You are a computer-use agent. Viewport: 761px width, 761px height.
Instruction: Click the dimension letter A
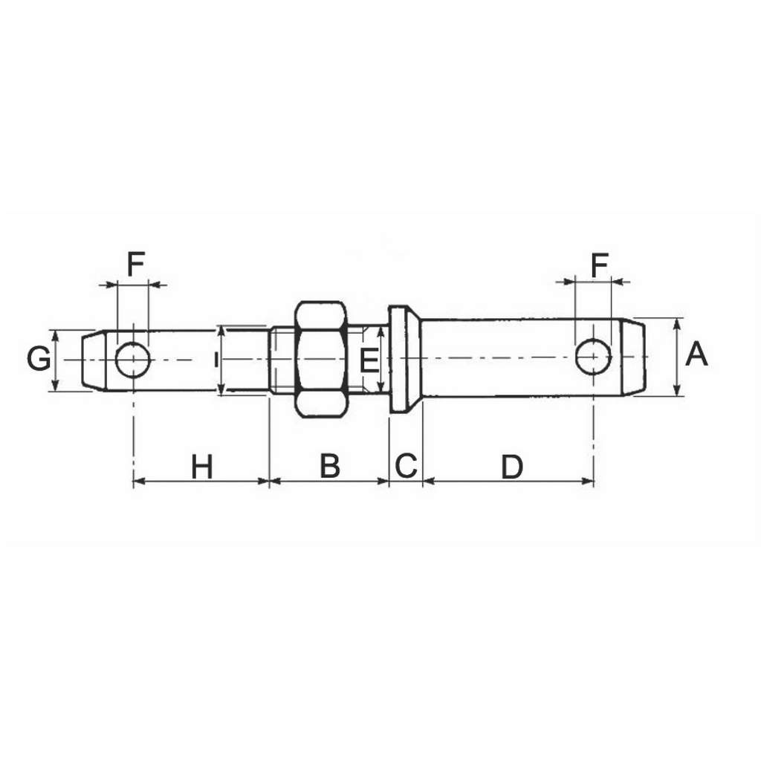[696, 354]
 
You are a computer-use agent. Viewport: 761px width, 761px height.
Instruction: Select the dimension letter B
[330, 465]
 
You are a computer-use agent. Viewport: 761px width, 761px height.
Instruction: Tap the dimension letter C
[406, 465]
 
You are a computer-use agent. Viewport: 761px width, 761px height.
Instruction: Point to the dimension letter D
[512, 467]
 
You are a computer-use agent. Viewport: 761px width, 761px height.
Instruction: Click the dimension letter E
[369, 361]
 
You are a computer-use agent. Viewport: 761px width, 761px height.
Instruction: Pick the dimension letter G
[39, 359]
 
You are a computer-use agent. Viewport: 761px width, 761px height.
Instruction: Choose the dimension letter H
[202, 467]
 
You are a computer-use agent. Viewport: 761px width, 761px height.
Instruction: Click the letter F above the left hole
[136, 264]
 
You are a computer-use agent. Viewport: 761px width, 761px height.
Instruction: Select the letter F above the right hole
[600, 265]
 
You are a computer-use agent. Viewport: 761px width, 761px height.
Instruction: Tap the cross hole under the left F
[132, 360]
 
